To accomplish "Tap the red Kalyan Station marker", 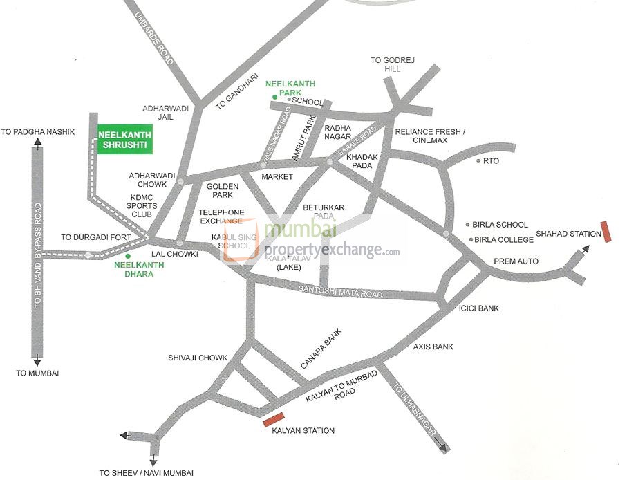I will click(274, 419).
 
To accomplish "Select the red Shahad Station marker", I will click(607, 232).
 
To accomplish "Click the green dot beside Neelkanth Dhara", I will click(128, 256).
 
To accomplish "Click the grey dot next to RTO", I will click(478, 160).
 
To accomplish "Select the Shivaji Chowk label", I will click(198, 358).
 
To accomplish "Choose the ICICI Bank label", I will click(478, 308).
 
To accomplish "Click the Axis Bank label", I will click(433, 347).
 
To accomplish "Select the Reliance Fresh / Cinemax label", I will click(431, 136).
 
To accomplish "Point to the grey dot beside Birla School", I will click(468, 225).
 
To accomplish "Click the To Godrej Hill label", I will click(386, 65).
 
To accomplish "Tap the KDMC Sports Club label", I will click(144, 205).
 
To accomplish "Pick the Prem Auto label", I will click(516, 261).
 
